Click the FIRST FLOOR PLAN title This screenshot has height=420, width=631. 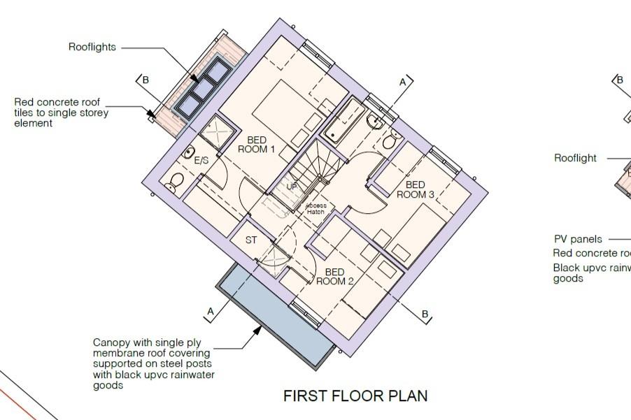[355, 396]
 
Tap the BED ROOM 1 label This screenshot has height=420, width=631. [256, 145]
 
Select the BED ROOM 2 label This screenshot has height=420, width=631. [334, 277]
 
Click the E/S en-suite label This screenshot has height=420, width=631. [201, 161]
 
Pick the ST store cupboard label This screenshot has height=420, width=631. [251, 240]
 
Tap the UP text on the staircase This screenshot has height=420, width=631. [292, 187]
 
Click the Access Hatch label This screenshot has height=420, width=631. [315, 208]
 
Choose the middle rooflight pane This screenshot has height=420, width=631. [202, 88]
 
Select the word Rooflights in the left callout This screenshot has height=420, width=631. [92, 48]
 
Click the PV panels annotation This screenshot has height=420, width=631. [578, 239]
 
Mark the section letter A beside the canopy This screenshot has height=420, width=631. [210, 310]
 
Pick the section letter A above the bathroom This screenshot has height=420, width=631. [403, 82]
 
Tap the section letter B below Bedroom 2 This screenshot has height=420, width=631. [425, 314]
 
